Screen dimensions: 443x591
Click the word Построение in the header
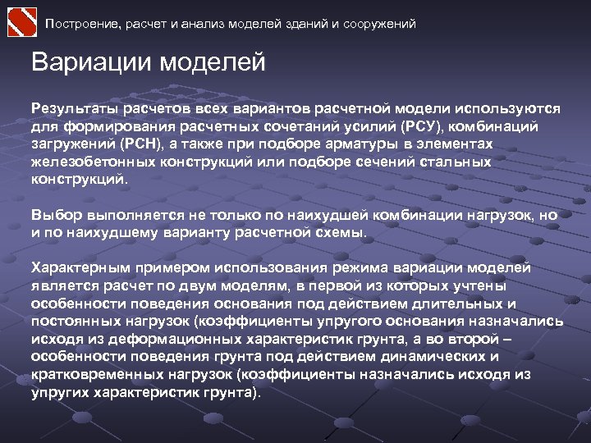85,24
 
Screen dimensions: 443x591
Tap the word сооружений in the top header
377,24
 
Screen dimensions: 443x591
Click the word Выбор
54,215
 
